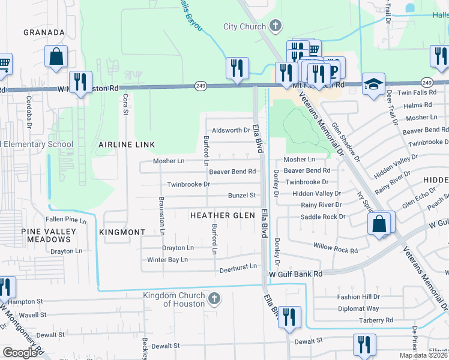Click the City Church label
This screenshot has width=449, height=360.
click(x=245, y=26)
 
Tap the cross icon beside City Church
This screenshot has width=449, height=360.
click(x=276, y=25)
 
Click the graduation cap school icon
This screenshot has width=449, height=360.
click(x=373, y=85)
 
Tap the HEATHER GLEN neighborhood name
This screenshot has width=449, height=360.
click(x=218, y=215)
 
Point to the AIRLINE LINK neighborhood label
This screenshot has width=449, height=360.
click(x=127, y=145)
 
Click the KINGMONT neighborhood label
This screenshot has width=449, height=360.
click(x=122, y=232)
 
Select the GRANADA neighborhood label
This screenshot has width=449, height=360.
click(x=44, y=32)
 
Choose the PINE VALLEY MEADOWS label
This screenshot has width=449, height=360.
click(x=49, y=235)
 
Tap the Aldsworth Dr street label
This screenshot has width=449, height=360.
click(x=230, y=130)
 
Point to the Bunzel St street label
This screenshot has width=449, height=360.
click(x=241, y=196)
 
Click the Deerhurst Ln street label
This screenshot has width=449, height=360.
click(x=238, y=266)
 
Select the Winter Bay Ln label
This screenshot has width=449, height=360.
click(x=167, y=260)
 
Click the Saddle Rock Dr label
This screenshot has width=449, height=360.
click(x=323, y=217)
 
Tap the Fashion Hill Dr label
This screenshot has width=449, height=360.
click(x=358, y=297)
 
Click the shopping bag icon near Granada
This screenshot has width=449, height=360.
click(x=56, y=56)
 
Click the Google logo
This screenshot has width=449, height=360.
click(x=20, y=353)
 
